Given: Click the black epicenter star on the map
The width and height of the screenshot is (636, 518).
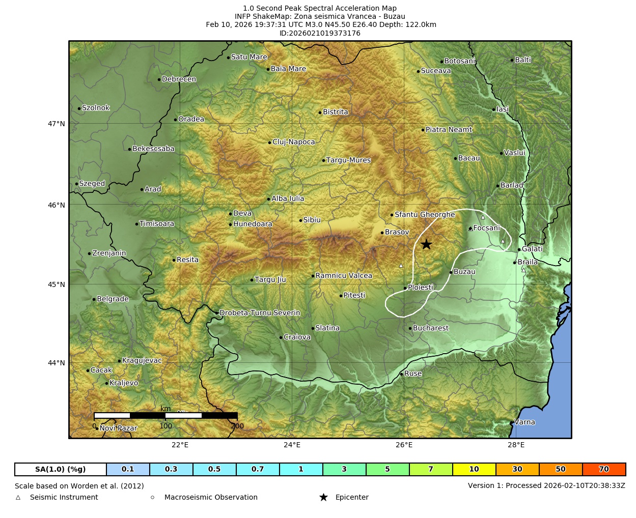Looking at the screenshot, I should click(426, 244).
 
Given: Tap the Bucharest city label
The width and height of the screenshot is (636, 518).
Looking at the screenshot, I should click(430, 328).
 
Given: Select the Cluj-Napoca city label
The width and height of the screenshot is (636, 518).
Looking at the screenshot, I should click(293, 142).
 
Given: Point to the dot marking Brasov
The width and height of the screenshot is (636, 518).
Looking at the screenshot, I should click(382, 233).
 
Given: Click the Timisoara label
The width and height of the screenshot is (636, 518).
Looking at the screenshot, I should click(156, 224).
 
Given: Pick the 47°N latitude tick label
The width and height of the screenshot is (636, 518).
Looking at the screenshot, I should click(57, 124).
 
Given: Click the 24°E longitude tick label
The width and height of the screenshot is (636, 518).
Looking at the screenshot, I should click(292, 445).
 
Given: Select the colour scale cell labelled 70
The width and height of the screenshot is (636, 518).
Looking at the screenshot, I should click(604, 469).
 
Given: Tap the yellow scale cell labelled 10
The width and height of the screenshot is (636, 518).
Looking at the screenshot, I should click(474, 469).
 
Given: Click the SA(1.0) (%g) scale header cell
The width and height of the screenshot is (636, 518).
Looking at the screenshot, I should click(61, 469).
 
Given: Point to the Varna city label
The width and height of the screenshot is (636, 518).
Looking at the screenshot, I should click(524, 422).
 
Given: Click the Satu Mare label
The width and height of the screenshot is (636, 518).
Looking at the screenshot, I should click(249, 57).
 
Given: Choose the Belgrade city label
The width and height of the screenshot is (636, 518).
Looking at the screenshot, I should click(113, 299).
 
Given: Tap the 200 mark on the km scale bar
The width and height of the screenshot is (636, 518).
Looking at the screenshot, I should click(237, 426).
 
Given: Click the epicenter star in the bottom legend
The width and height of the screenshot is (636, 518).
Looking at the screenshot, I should click(323, 497).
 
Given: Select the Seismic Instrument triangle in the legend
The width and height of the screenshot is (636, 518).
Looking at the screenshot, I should click(18, 498).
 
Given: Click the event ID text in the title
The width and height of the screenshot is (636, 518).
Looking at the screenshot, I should click(320, 33).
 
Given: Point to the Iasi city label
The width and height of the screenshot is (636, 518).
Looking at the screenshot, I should click(503, 109).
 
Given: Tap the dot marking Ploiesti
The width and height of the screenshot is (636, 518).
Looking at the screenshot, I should click(405, 288).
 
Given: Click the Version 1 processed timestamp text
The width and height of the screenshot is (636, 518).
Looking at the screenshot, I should click(546, 485).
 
